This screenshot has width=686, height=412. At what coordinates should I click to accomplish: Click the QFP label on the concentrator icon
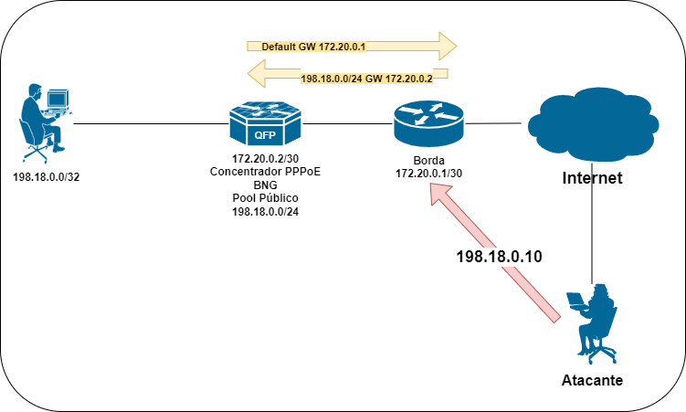tap(265, 135)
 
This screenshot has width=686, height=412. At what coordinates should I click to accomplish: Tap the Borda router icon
tap(427, 123)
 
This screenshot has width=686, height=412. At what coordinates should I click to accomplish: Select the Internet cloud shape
tap(593, 125)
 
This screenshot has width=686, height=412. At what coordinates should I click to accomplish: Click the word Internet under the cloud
tap(592, 178)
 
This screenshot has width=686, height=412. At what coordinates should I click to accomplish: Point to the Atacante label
tap(592, 380)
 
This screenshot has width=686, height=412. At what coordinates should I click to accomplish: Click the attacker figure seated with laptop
tap(592, 323)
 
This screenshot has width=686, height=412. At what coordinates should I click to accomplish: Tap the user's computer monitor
tap(58, 100)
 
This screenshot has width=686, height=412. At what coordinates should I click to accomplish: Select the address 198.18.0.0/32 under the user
tap(47, 177)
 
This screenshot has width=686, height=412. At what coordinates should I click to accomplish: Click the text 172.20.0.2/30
tap(265, 158)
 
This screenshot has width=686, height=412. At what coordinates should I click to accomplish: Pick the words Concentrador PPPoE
tap(265, 172)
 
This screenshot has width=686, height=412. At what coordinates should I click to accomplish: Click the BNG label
tap(265, 185)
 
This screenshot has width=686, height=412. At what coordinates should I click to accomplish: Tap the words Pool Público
tap(265, 198)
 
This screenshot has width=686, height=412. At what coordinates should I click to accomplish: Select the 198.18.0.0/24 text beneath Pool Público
tap(265, 212)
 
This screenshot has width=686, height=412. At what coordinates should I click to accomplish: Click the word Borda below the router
tap(428, 161)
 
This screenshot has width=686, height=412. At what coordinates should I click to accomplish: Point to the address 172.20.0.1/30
tap(428, 174)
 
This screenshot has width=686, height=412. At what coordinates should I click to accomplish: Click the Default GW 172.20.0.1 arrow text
tap(313, 47)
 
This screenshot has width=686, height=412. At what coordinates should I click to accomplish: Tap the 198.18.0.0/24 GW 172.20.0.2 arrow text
tap(366, 79)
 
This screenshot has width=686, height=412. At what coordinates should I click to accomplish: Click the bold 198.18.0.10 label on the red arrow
tap(499, 257)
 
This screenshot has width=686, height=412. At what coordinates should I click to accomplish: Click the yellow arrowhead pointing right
tap(447, 46)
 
